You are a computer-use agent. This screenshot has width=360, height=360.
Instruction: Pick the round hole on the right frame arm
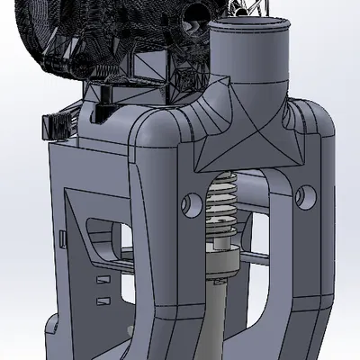pos(301,193)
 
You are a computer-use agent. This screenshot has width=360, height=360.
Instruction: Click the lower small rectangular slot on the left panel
pos(103,299)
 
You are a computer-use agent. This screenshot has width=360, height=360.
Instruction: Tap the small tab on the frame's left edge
pos(60,238)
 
